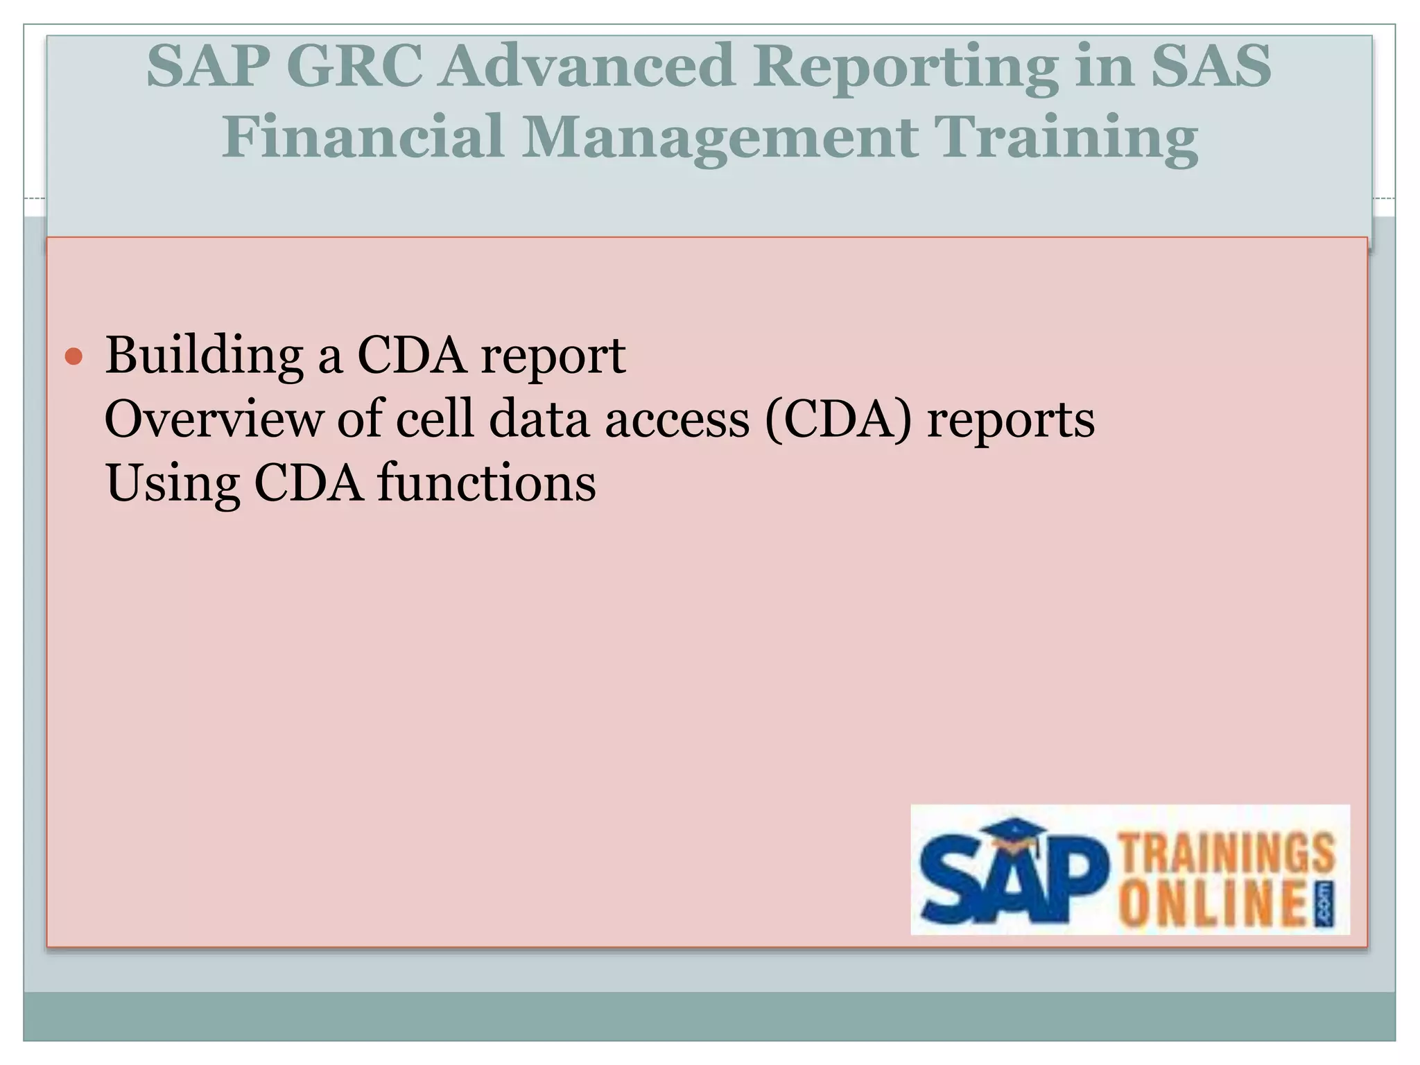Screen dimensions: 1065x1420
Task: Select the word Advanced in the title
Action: [x=586, y=67]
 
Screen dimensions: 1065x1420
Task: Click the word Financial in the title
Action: [x=362, y=137]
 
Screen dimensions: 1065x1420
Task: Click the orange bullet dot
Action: [x=73, y=357]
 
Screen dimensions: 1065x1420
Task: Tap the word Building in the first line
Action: [x=204, y=356]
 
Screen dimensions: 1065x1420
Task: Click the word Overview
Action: [x=214, y=419]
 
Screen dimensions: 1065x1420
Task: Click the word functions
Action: [x=486, y=483]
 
